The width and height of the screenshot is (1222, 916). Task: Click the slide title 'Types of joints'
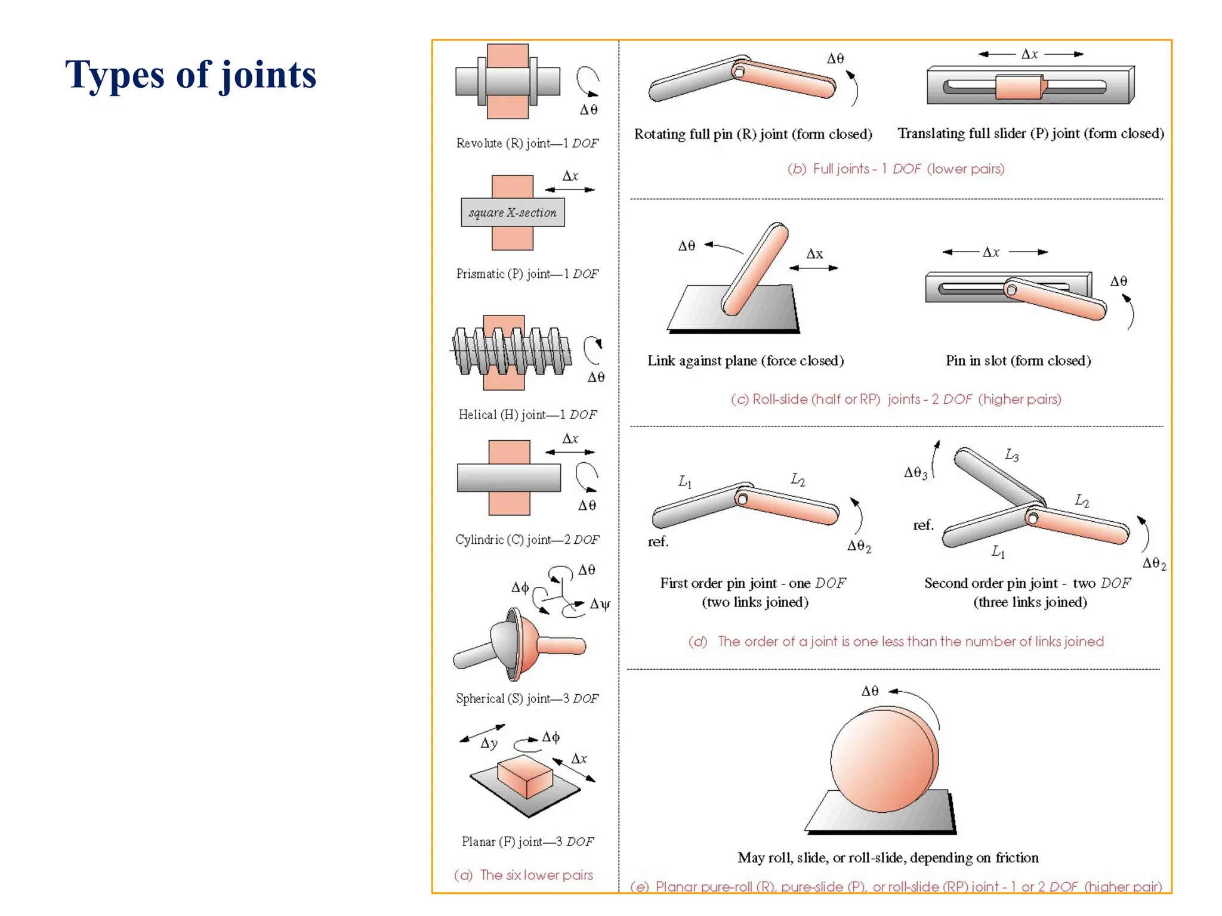pos(190,75)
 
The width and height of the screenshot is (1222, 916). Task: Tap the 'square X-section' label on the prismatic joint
pos(512,213)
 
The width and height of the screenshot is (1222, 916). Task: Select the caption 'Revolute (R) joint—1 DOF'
pos(527,143)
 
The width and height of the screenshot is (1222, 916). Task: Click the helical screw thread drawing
pos(511,352)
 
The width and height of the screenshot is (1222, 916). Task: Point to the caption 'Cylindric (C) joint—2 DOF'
pos(527,540)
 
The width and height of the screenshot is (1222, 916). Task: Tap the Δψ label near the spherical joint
pos(600,604)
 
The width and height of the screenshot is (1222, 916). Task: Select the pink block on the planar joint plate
pos(524,775)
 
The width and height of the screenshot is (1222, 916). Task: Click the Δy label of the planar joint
pos(489,743)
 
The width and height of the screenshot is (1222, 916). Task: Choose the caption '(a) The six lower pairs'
pos(523,875)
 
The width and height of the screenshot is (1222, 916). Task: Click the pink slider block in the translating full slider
pos(1020,87)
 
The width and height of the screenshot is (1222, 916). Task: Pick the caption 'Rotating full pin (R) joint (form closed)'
pos(753,134)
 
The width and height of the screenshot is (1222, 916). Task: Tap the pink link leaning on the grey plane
pos(755,268)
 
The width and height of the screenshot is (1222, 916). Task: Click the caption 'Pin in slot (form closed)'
pos(1018,361)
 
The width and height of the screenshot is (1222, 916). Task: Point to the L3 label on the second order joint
pos(1012,456)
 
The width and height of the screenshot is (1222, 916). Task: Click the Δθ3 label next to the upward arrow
pos(915,473)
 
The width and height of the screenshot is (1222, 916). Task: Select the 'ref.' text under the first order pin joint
pos(658,541)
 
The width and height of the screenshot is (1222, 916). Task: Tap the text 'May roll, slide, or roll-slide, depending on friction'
pos(888,858)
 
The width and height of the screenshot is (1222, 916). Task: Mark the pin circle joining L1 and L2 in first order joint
pos(742,499)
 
